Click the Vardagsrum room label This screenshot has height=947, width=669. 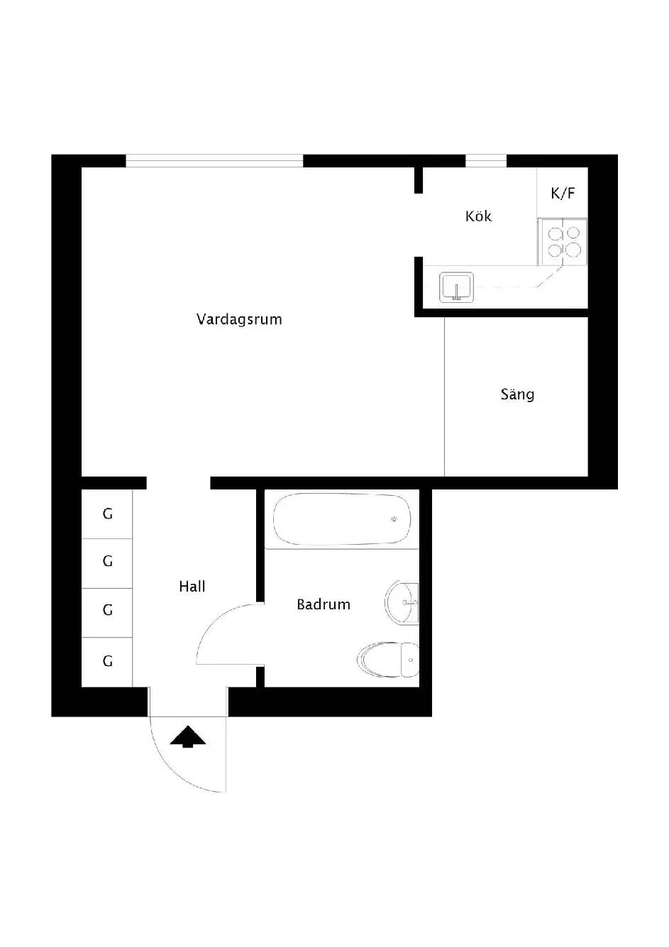click(239, 319)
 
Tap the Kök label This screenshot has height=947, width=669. click(478, 216)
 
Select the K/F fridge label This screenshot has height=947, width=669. click(563, 193)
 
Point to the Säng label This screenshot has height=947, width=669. click(517, 395)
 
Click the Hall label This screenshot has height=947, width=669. click(192, 587)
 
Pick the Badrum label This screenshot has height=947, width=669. click(324, 604)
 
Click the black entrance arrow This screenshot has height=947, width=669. click(188, 737)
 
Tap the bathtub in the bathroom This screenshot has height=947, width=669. click(342, 519)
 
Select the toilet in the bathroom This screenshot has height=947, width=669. click(388, 660)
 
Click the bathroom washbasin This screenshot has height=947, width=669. click(402, 603)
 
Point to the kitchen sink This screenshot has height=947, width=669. click(456, 287)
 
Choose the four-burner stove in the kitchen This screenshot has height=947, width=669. click(563, 242)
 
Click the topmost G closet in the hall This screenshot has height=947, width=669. click(107, 514)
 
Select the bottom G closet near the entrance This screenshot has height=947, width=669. click(107, 662)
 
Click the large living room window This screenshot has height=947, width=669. click(214, 160)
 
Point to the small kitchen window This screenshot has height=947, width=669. click(486, 160)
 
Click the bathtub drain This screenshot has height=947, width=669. click(394, 519)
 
